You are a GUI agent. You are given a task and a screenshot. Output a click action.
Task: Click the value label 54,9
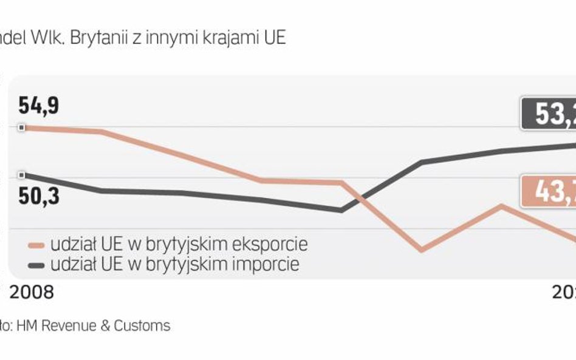pyautogui.click(x=38, y=106)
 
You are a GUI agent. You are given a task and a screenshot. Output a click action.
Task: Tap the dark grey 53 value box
pyautogui.click(x=549, y=114)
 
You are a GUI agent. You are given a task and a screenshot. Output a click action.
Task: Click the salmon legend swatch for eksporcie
pyautogui.click(x=38, y=245)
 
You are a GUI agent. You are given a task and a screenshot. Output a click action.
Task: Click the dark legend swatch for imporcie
pyautogui.click(x=38, y=265)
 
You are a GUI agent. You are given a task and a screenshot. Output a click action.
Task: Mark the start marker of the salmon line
pyautogui.click(x=22, y=127)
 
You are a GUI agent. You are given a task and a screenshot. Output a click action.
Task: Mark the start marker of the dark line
pyautogui.click(x=22, y=175)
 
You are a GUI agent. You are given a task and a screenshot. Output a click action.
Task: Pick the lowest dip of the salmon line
pyautogui.click(x=422, y=250)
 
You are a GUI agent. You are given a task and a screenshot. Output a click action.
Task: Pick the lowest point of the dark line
pyautogui.click(x=341, y=211)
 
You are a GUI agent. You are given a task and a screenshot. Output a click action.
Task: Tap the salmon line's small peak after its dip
pyautogui.click(x=501, y=205)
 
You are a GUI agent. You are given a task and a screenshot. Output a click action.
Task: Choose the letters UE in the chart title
pyautogui.click(x=273, y=38)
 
